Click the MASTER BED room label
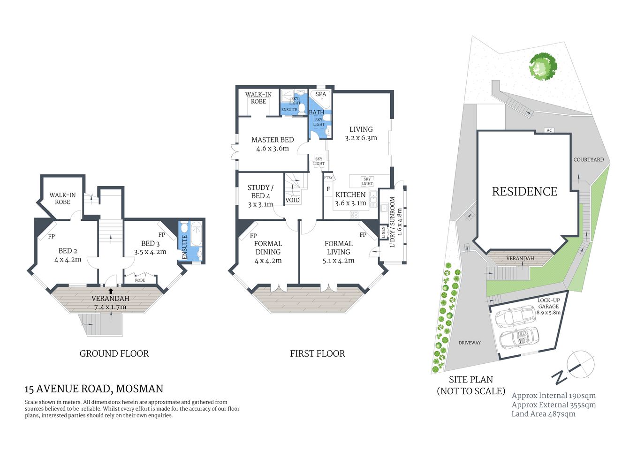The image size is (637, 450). tap(273, 140)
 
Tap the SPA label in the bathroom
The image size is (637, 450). tap(321, 94)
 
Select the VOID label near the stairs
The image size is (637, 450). tap(292, 200)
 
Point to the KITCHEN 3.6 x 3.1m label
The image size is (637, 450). tap(350, 199)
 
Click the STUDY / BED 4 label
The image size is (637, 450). tap(260, 192)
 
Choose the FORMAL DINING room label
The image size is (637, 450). tap(268, 247)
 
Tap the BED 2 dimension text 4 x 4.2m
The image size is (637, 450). tap(68, 259)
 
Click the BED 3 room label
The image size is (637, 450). tap(150, 243)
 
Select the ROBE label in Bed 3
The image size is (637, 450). tap(140, 280)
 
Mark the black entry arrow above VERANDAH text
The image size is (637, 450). tap(111, 291)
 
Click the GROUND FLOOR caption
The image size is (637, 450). tap(114, 353)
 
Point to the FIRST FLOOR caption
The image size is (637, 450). tap(317, 353)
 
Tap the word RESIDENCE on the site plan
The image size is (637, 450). tap(524, 191)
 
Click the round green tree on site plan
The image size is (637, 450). tap(543, 67)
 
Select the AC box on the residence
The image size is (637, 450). tap(549, 130)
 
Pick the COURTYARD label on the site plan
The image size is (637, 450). tap(588, 159)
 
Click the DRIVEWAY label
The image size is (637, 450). tap(470, 343)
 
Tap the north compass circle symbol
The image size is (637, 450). tap(580, 364)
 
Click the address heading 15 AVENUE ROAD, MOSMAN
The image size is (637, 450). tap(94, 389)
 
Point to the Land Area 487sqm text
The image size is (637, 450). tap(543, 414)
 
